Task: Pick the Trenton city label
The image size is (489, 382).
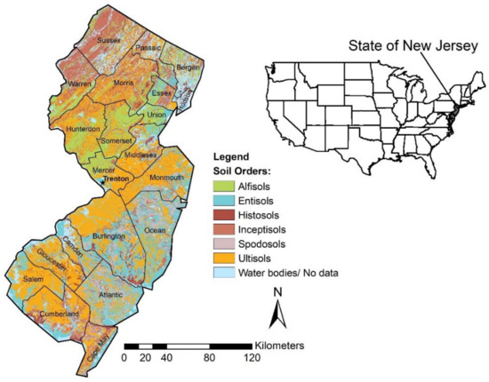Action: coord(116,179)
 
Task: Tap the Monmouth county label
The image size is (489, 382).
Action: coord(167,177)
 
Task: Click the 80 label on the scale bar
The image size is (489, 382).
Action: coord(211,358)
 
